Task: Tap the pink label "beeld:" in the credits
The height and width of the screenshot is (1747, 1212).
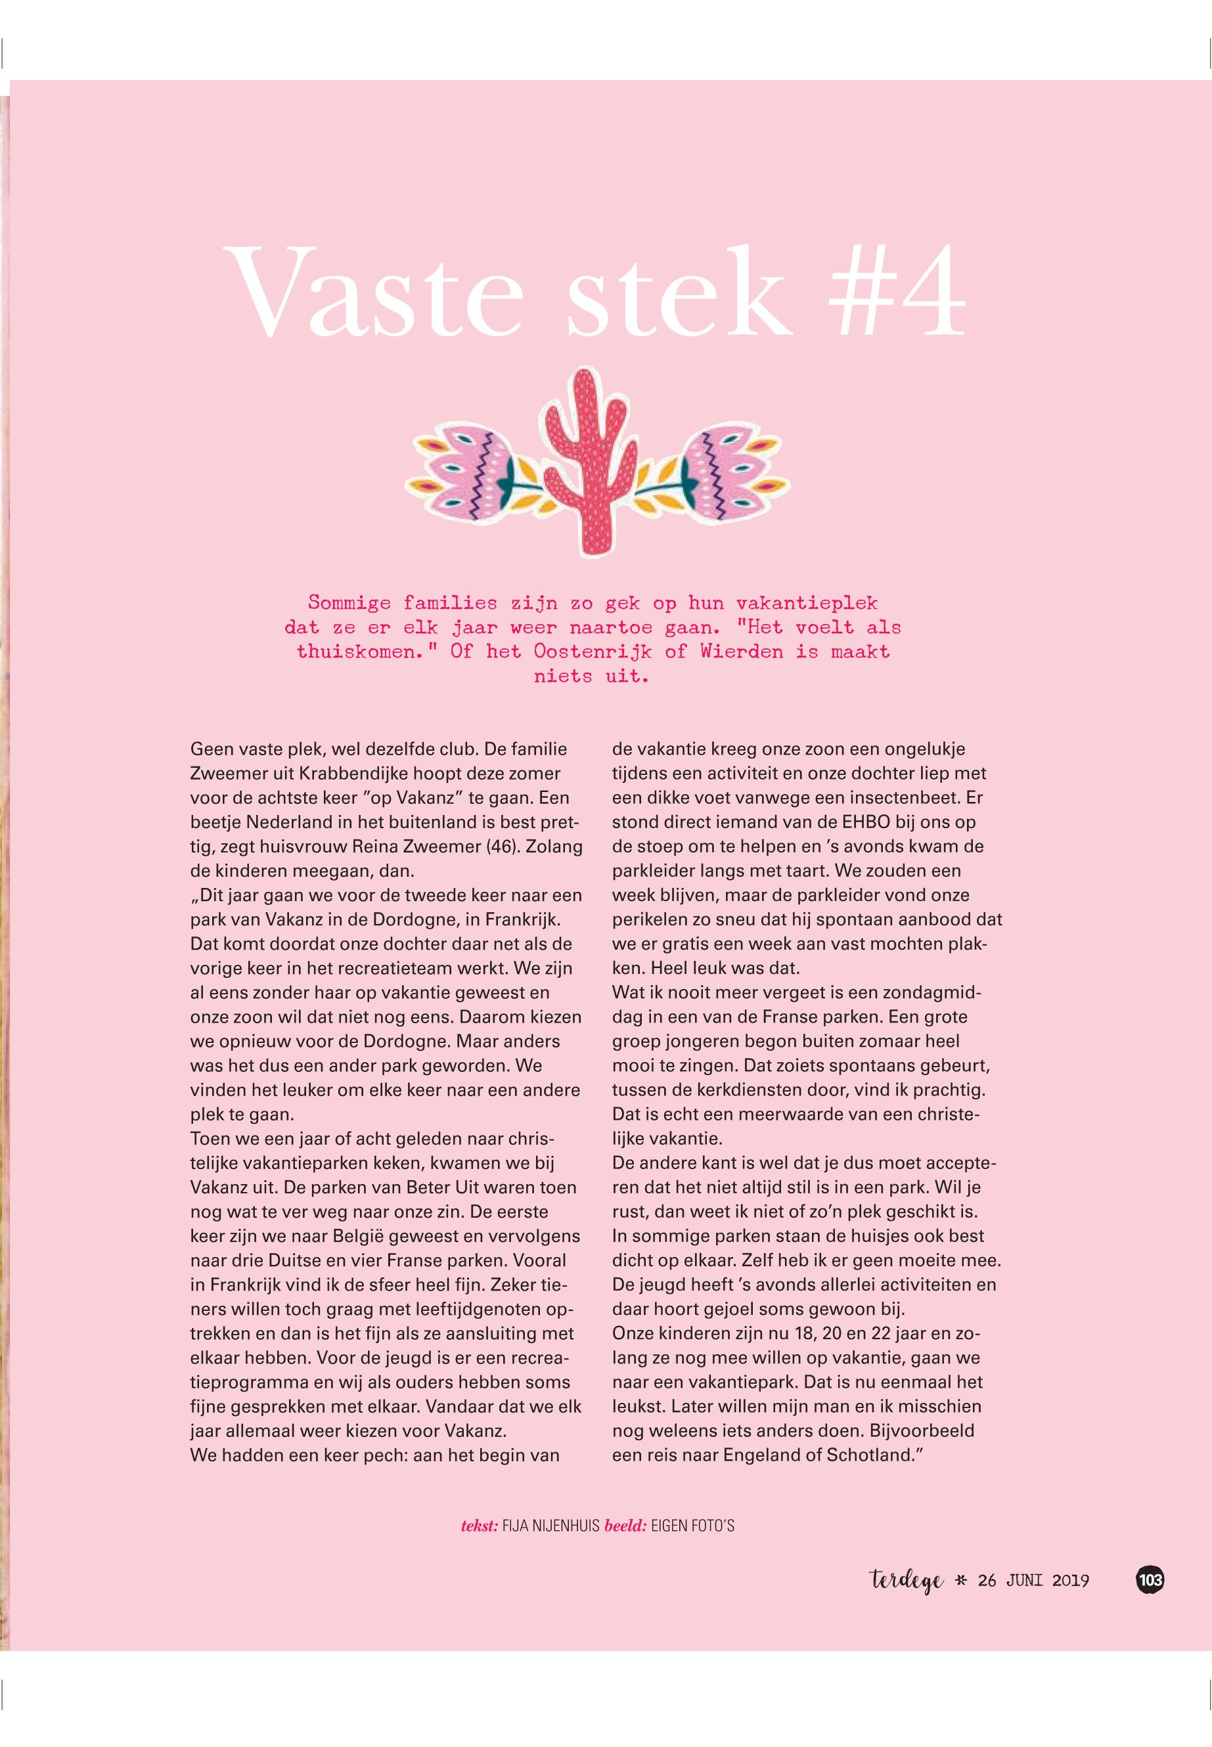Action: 625,1525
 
